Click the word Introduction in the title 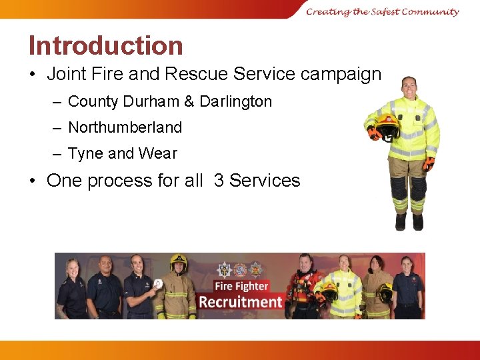[x=105, y=45]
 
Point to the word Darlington [x=235, y=101]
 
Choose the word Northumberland [x=125, y=127]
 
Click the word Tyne [x=85, y=153]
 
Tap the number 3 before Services [x=219, y=181]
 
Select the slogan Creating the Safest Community [x=383, y=11]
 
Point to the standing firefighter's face [x=409, y=86]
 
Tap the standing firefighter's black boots [x=409, y=222]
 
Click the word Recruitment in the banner [x=240, y=302]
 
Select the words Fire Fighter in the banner [x=241, y=287]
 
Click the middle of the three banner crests [x=239, y=269]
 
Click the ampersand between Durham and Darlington [x=189, y=101]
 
